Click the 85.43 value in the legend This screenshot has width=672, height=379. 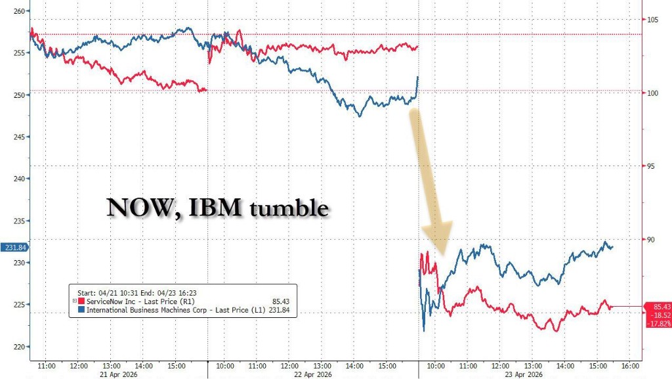280,300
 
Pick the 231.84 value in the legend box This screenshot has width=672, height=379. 278,308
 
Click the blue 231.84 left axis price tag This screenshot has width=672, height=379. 14,246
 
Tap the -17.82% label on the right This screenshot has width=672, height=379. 658,324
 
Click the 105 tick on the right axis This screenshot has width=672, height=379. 652,20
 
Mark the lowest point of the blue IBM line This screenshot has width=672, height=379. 423,331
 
